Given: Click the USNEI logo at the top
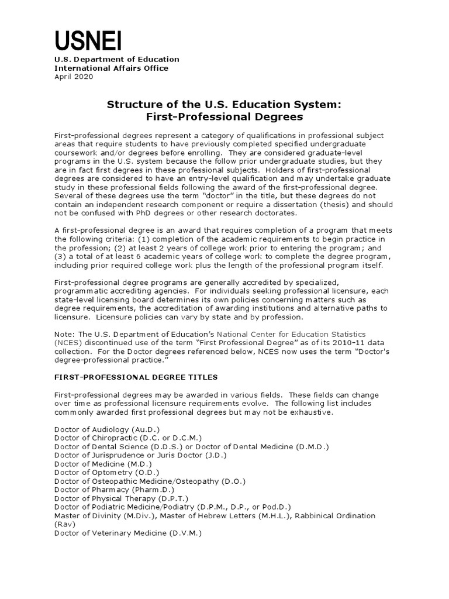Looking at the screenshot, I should tap(88, 40).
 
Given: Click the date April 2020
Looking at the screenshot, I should tap(73, 77).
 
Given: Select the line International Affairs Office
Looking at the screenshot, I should tap(111, 68).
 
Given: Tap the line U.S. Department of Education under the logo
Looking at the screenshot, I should tap(117, 59).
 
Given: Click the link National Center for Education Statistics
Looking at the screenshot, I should tap(299, 334).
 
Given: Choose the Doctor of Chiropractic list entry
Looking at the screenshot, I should tap(127, 438).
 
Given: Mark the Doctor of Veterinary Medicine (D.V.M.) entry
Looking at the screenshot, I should tap(127, 533).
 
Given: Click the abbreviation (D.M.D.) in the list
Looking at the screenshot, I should tap(313, 446).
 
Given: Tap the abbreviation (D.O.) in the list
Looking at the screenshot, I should tap(233, 481).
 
